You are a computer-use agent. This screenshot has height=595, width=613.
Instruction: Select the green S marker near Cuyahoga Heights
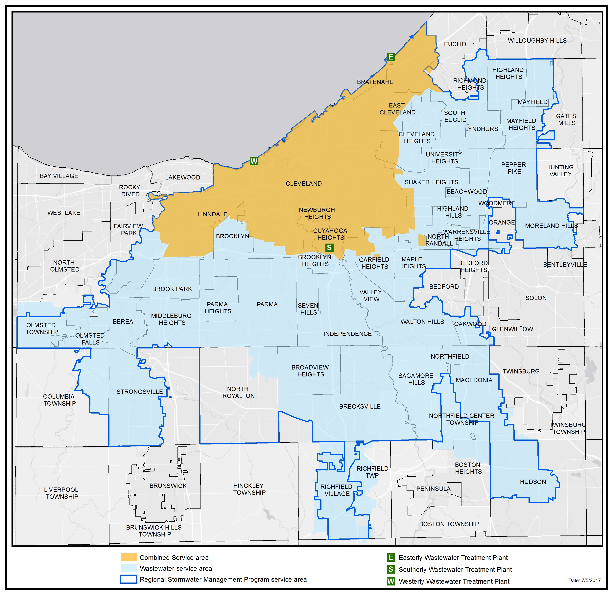(329, 248)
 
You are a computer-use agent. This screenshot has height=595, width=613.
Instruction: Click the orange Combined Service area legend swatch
(129, 558)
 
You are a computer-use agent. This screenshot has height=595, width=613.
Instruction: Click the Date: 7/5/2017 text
(584, 580)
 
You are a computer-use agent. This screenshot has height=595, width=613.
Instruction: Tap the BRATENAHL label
(375, 82)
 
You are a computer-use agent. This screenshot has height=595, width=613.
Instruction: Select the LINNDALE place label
(212, 214)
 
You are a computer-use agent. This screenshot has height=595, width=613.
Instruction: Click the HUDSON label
(533, 482)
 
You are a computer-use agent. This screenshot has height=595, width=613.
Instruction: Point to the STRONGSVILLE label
(139, 392)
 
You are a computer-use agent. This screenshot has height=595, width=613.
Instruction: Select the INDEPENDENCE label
(347, 334)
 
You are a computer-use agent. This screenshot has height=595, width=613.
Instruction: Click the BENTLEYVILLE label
(565, 265)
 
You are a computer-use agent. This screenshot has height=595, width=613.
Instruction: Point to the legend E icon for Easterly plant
(391, 558)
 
